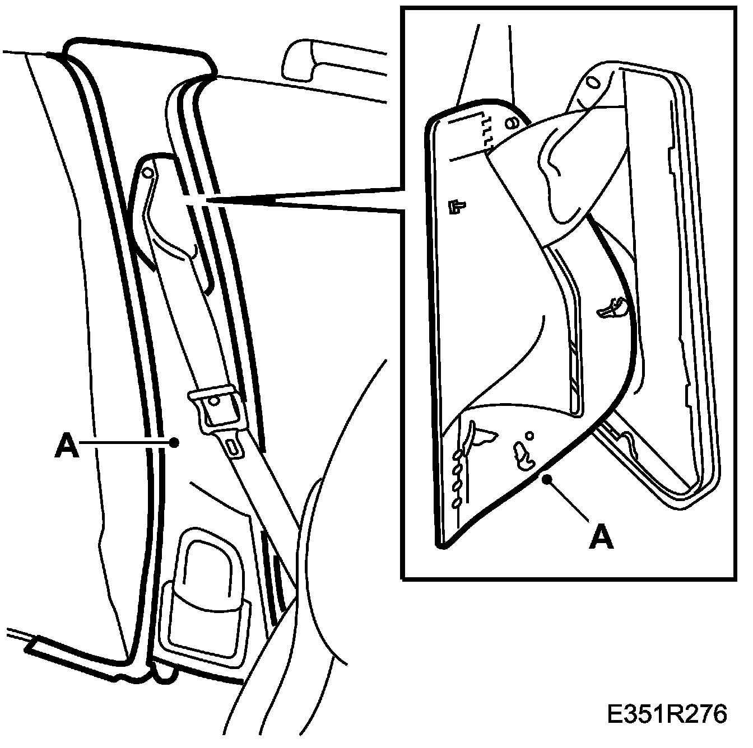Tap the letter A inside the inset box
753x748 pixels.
click(x=602, y=539)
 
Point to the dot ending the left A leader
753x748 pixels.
click(x=174, y=442)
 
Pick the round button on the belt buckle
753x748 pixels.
click(x=214, y=401)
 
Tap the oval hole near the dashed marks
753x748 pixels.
click(x=510, y=123)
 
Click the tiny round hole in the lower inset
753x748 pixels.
click(x=529, y=434)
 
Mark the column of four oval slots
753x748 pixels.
click(x=458, y=476)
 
